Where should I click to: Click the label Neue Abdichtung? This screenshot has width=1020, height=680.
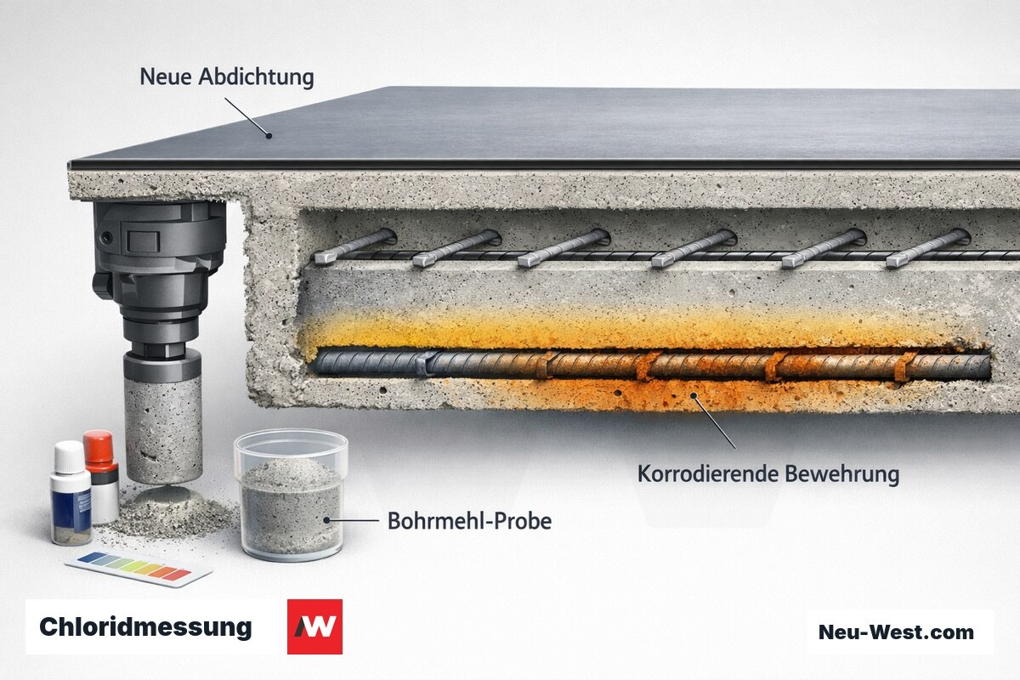[227, 77]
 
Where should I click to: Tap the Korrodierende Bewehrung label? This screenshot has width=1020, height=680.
[768, 474]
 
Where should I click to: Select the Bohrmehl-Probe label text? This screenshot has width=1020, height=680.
[469, 521]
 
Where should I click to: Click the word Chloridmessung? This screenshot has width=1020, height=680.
[145, 627]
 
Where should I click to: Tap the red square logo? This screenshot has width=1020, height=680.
[314, 626]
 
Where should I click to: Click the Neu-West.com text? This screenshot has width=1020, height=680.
[896, 632]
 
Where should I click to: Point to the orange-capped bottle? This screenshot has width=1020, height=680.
[102, 476]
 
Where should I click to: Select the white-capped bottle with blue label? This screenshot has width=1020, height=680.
[71, 494]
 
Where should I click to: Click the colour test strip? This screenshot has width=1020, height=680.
[139, 568]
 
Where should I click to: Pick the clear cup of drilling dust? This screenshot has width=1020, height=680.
[291, 495]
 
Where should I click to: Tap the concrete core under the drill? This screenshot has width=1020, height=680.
[163, 429]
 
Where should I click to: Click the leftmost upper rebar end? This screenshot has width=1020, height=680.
[325, 258]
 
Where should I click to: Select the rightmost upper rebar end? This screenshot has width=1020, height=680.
[897, 260]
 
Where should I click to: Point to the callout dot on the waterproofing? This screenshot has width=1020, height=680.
[269, 135]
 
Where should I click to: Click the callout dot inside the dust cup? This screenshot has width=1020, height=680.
[326, 520]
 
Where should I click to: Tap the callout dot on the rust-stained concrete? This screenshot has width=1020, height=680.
[694, 395]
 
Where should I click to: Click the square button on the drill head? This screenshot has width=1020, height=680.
[143, 241]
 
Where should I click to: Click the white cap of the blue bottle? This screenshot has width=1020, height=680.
[70, 456]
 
